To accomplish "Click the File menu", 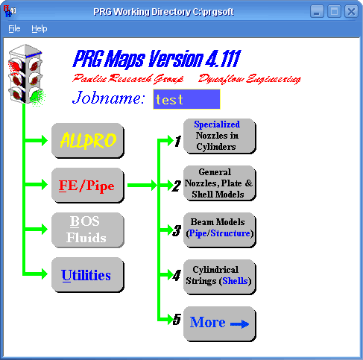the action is point(14,28).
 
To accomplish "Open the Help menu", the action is point(40,28).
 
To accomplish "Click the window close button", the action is point(351,11).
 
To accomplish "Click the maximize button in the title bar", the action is point(334,11).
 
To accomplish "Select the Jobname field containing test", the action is point(186,99).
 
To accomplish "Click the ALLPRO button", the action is point(88,141).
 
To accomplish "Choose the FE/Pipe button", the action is point(88,186).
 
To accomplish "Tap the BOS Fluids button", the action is point(88,230).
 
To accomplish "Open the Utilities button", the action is point(88,275).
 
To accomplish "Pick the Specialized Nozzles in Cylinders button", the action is point(220,136).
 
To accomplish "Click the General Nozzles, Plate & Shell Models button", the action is point(220,183).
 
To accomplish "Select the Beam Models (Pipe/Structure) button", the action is point(220,230).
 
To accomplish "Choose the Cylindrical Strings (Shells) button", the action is point(220,277).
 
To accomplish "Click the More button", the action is point(220,324).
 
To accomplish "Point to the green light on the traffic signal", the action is point(37,97).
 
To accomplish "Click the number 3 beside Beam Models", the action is point(177,230).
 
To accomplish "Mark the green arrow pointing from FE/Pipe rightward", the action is point(142,185).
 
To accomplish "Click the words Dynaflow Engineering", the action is point(250,79).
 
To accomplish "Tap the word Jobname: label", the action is point(109,98).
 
